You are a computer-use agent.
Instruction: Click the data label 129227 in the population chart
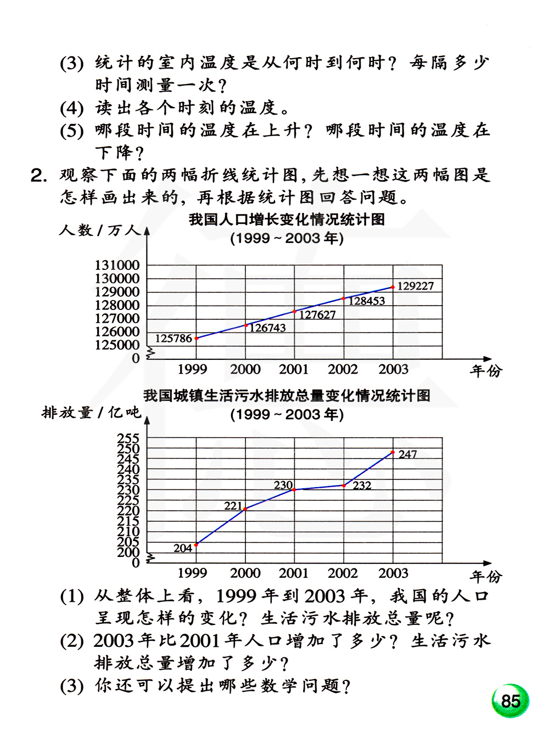[416, 286]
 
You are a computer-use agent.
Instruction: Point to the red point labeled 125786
[197, 338]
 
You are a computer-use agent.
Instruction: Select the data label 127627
[317, 314]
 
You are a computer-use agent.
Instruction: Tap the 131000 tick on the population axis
[117, 265]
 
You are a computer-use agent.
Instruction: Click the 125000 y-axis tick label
[117, 345]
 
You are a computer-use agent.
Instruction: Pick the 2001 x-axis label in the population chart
[294, 369]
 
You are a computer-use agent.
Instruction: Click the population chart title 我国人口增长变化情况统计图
[287, 219]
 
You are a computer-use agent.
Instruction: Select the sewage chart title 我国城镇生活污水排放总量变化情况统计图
[287, 396]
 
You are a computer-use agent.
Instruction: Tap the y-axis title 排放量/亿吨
[91, 412]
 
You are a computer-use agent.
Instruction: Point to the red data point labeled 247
[393, 452]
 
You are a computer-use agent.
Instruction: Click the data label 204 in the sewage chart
[183, 548]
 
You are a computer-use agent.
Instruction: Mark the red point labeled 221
[245, 509]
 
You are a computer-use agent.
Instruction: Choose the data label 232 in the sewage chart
[362, 486]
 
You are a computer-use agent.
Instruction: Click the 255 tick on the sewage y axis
[128, 438]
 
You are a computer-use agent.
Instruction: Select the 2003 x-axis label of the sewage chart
[393, 573]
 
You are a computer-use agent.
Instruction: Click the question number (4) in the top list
[71, 108]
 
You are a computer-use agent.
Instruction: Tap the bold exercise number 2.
[38, 176]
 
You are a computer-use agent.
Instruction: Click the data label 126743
[268, 328]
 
